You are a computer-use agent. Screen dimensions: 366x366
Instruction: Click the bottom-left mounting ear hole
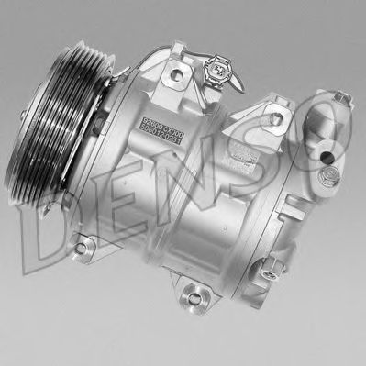[82, 245]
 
